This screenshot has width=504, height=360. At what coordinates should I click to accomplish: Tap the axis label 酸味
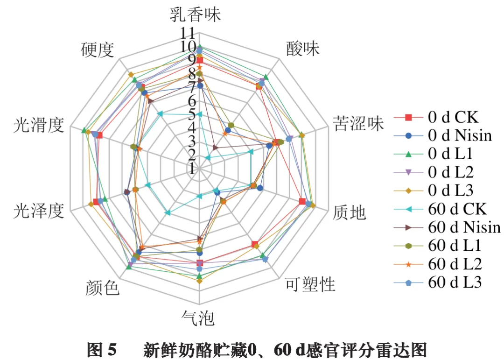pos(303,49)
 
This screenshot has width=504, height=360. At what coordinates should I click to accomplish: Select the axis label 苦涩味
pos(358,124)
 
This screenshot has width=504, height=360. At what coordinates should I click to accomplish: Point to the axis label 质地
pos(349,213)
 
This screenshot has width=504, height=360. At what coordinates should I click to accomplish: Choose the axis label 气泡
pos(198,319)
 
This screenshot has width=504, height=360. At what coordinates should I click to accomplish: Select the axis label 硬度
pos(98,49)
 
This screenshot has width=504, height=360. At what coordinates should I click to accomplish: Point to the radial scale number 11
pos(188,34)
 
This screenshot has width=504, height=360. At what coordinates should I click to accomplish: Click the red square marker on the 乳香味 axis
pos(200,60)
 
